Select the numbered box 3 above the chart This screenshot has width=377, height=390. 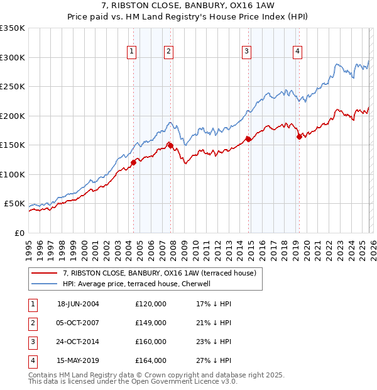[247, 52]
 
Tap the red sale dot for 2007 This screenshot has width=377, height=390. [170, 145]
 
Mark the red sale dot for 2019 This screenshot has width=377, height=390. [298, 136]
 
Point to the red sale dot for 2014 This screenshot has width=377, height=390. [248, 139]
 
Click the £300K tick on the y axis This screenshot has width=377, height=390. [13, 57]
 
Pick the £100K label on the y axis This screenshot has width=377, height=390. [13, 174]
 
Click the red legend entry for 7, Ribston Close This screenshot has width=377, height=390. [159, 274]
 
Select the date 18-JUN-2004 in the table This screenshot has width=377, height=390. [78, 304]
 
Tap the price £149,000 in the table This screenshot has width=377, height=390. [151, 323]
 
